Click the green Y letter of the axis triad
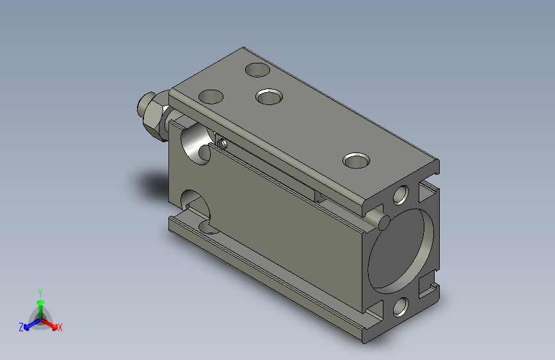click(40, 293)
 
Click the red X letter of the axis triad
click(60, 327)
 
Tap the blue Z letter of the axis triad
click(21, 327)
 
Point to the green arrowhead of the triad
click(41, 303)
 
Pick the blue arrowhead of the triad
click(27, 327)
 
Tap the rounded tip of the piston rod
click(141, 104)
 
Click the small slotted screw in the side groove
click(222, 144)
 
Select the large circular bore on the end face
click(401, 251)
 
